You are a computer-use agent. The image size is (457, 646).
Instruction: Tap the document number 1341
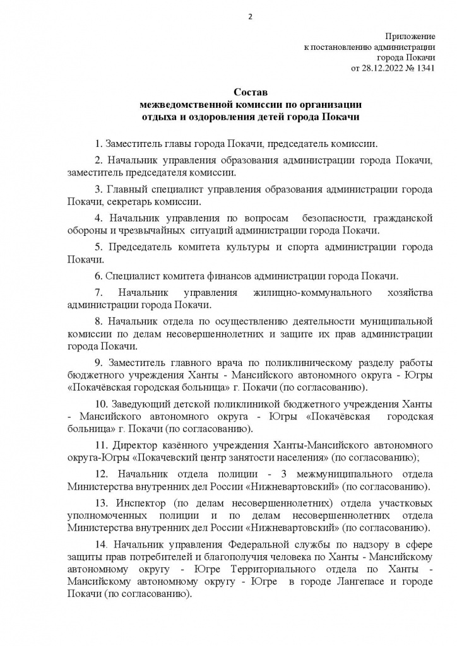pyautogui.click(x=424, y=68)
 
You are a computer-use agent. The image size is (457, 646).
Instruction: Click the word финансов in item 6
pyautogui.click(x=223, y=276)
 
